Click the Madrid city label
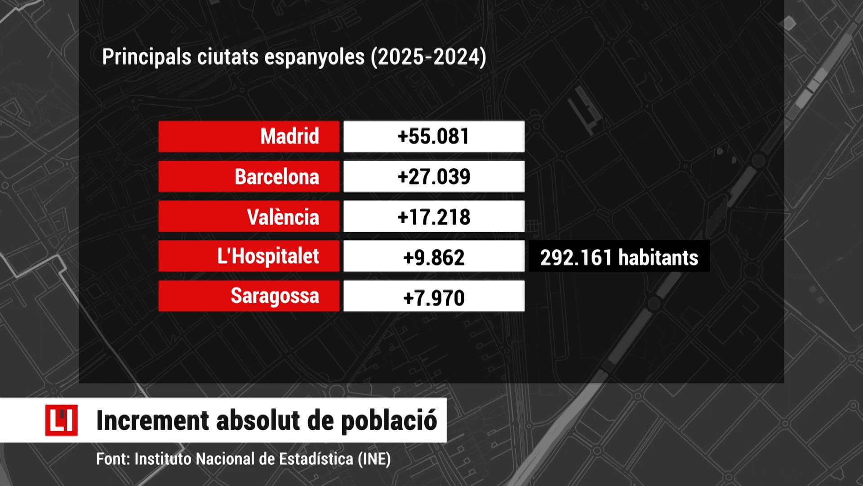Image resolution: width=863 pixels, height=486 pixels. pos(289,136)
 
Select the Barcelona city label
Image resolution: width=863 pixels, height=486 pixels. pos(277,177)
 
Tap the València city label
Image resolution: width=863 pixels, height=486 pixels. pos(283,217)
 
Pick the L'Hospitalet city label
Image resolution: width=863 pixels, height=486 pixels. pos(268,256)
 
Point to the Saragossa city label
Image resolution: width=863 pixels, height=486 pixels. pos(275,296)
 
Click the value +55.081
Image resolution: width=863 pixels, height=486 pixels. pos(434,136)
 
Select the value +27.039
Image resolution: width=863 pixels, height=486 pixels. pos(434,177)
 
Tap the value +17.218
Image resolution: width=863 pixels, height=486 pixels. pos(434,217)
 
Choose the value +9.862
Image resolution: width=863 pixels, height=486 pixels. pos(434,257)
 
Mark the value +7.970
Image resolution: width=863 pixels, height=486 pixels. pos(434,297)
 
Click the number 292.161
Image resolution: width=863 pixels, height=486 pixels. pos(576,258)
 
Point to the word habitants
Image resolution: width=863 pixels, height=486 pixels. pos(658,258)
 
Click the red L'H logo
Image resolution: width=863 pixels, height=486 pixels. pos(61,420)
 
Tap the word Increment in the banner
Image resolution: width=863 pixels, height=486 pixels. pos(153,421)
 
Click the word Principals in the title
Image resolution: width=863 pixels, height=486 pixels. pos(147,58)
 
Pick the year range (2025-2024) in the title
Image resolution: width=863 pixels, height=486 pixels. pos(429,58)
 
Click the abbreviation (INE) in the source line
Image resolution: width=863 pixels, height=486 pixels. pos(374,459)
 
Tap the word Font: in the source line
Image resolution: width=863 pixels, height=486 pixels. pos(113,459)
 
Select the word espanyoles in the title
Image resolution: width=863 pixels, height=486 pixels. pos(314,58)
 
